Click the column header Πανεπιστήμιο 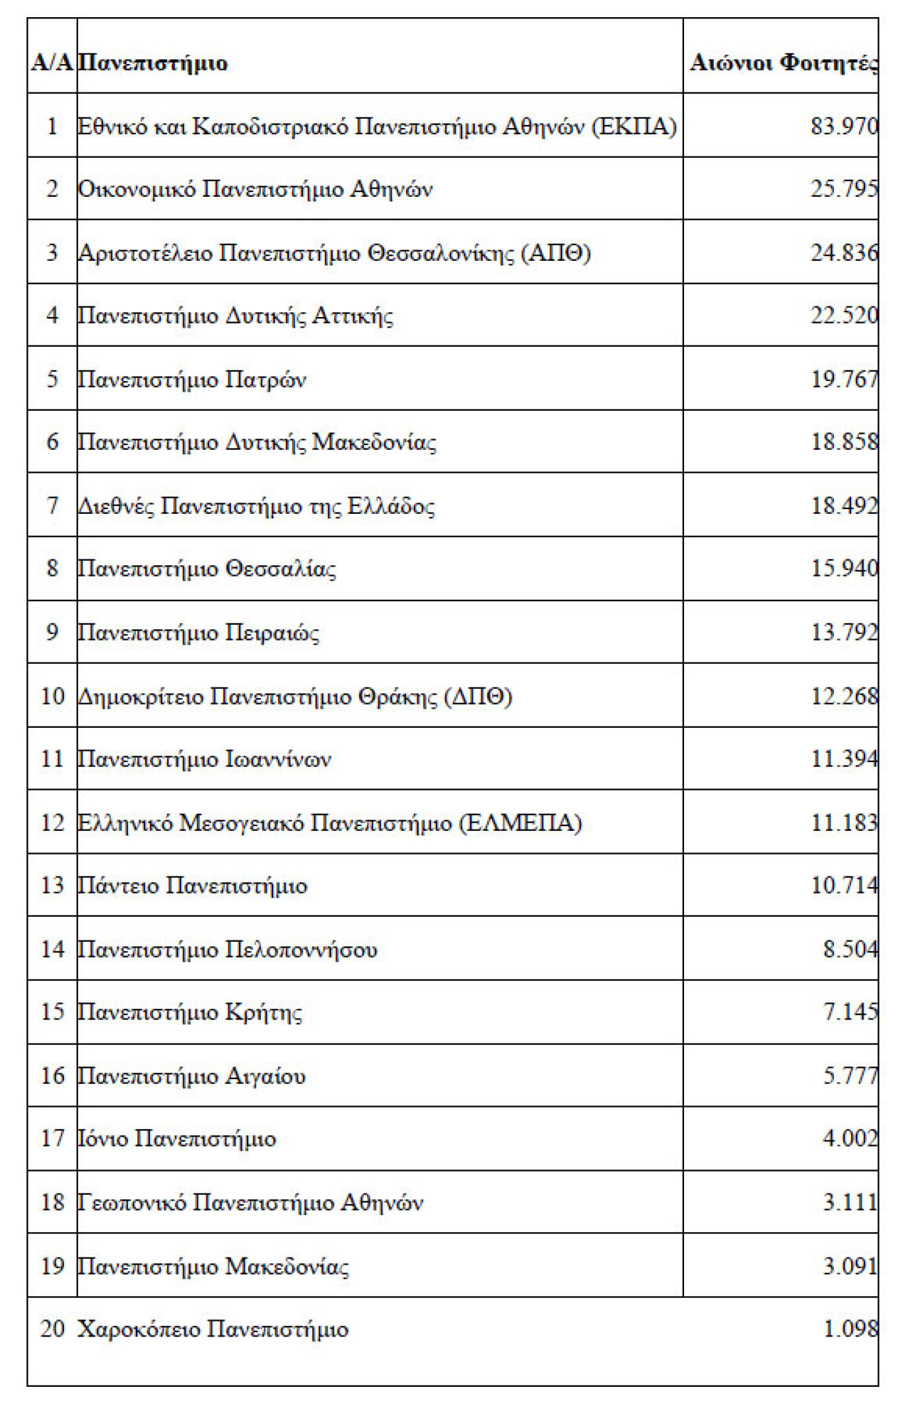(153, 63)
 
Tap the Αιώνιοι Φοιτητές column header (784, 63)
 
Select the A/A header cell (52, 63)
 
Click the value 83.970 (844, 125)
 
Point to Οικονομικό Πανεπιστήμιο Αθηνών (255, 190)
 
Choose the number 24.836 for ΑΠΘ (844, 252)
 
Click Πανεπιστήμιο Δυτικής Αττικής (235, 316)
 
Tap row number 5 (52, 379)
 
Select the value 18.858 (844, 442)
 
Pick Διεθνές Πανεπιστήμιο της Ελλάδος (256, 506)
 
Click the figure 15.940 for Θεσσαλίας (844, 569)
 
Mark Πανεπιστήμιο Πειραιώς (198, 633)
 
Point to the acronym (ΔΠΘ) (479, 696)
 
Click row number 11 (52, 759)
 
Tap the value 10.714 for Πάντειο (844, 885)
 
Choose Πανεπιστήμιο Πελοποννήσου (227, 949)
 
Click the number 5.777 (850, 1076)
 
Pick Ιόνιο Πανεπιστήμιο (176, 1139)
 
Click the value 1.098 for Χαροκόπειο (850, 1329)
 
